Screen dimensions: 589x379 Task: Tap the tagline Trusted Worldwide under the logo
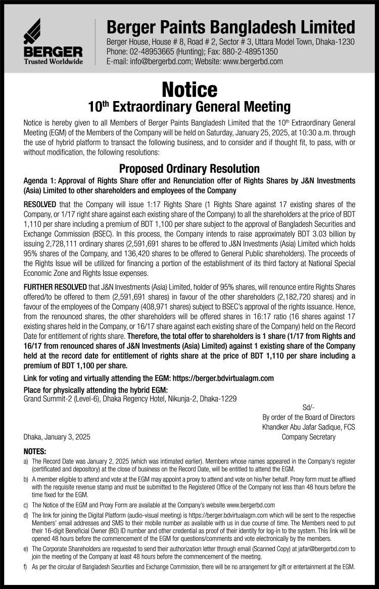(53, 62)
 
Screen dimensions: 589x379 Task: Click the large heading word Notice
(189, 89)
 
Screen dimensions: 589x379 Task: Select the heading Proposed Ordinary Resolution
(189, 169)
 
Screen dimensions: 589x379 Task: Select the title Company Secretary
(308, 437)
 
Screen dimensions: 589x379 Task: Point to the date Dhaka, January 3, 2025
(57, 437)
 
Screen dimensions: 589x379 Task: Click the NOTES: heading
(35, 451)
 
